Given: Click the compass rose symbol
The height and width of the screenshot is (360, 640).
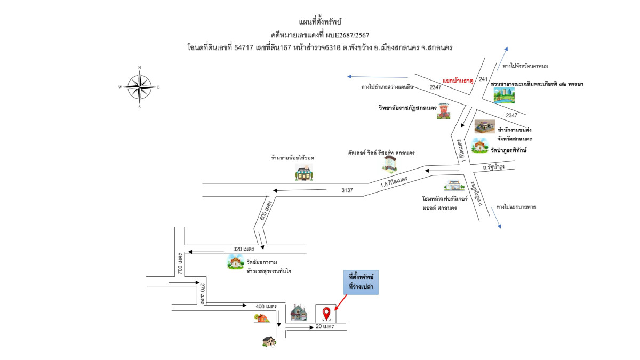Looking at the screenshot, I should pyautogui.click(x=139, y=87).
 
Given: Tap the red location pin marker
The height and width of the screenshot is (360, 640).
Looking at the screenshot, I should pyautogui.click(x=326, y=313).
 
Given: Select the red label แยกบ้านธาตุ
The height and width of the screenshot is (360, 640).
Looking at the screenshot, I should pyautogui.click(x=458, y=78).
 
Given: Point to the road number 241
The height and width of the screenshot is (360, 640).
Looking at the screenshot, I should pyautogui.click(x=484, y=79).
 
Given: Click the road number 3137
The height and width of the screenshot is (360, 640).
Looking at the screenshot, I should pyautogui.click(x=347, y=190).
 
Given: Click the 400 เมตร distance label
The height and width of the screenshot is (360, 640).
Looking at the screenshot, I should pyautogui.click(x=266, y=306).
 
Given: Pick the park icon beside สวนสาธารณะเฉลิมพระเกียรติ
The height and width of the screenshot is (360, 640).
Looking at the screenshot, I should pyautogui.click(x=504, y=95).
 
